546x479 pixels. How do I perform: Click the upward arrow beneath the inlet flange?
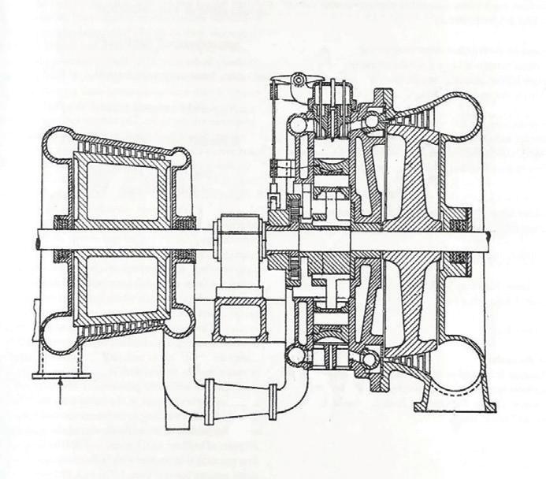(61, 394)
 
